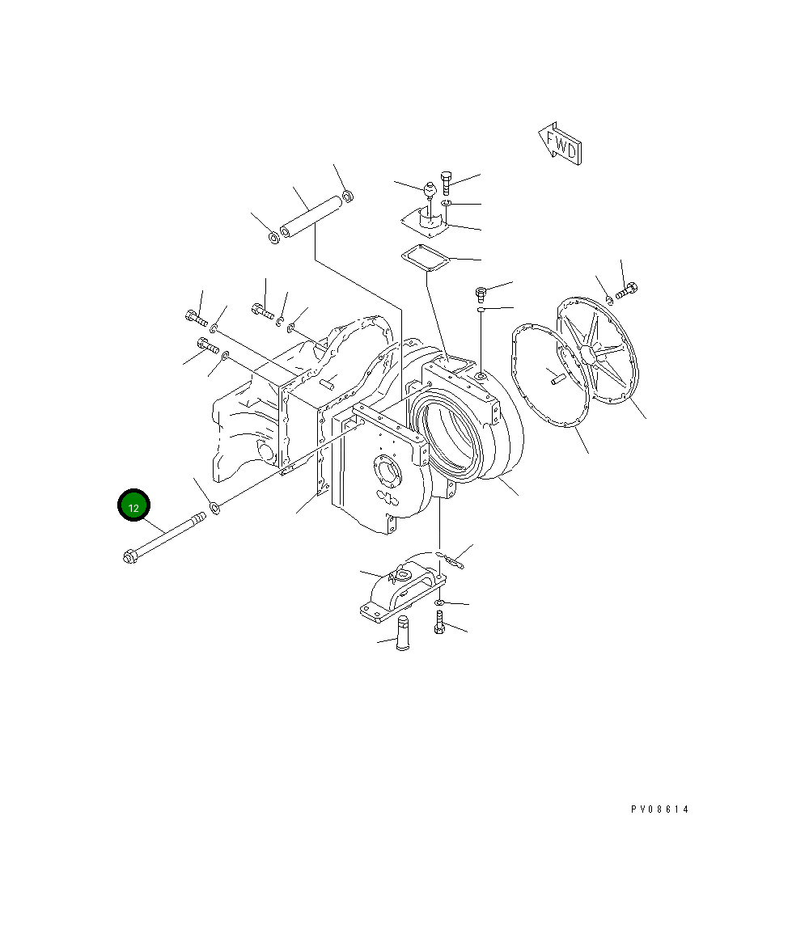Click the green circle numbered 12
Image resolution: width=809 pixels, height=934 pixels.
(133, 505)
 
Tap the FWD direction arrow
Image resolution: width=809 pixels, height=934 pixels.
(560, 144)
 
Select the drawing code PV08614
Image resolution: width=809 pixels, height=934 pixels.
(660, 809)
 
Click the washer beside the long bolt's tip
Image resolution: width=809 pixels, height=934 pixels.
(215, 508)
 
